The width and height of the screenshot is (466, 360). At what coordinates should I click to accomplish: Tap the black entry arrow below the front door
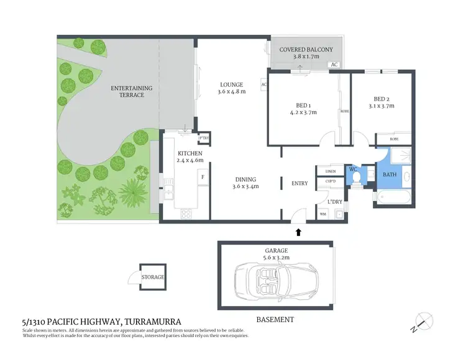(298, 232)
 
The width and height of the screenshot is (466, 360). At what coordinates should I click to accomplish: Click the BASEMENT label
(275, 320)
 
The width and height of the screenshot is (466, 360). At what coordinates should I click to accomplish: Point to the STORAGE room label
(153, 277)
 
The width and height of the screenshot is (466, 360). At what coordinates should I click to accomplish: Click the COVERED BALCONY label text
(306, 50)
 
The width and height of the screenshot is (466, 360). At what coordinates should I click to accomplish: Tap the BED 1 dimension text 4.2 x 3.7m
(303, 112)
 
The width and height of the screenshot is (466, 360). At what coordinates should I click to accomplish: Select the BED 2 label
(381, 98)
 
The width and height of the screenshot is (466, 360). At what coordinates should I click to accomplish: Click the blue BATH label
(390, 174)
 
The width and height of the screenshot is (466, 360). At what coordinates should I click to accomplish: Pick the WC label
(353, 168)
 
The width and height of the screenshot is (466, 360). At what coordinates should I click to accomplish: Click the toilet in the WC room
(357, 179)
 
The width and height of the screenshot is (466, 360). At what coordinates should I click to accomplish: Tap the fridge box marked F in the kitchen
(202, 177)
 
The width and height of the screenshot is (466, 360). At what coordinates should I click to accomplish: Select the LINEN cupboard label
(330, 171)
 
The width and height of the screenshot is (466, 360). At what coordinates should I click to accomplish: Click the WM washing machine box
(322, 214)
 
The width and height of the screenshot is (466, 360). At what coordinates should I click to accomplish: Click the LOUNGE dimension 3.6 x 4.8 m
(232, 92)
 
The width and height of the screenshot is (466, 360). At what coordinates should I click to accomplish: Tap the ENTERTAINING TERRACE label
(131, 91)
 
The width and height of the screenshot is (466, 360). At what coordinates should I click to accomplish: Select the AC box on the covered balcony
(334, 65)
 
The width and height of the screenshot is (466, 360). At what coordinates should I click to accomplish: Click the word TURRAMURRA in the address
(153, 322)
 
